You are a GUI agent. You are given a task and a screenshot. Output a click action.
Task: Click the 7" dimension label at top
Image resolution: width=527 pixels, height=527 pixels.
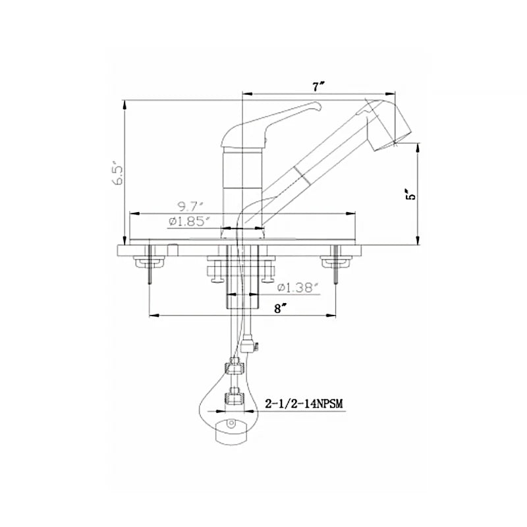click(318, 86)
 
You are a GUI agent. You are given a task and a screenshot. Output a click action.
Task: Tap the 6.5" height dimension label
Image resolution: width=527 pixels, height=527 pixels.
click(119, 175)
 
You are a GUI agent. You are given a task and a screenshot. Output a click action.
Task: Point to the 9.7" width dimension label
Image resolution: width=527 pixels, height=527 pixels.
click(190, 206)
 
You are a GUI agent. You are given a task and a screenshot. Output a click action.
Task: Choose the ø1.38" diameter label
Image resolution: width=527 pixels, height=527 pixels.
click(297, 288)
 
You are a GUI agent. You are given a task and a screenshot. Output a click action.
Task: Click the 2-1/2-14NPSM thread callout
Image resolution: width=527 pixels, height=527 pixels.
click(304, 403)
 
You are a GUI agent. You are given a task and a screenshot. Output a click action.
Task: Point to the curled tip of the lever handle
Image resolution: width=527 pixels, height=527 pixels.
click(318, 107)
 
